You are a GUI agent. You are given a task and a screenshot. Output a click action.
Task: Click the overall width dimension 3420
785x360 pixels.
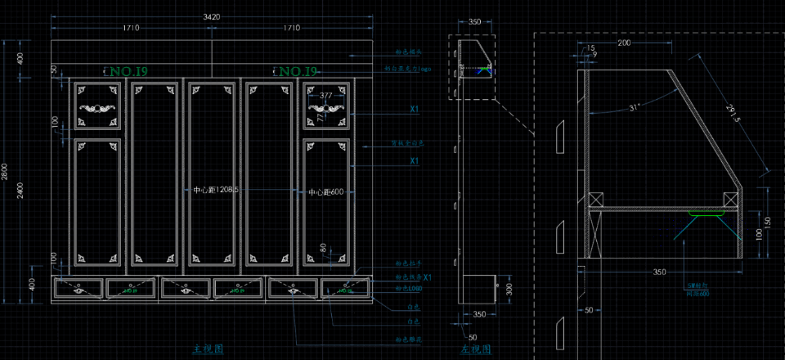point(211,16)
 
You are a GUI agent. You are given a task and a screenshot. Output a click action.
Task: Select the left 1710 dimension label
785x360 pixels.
point(130,29)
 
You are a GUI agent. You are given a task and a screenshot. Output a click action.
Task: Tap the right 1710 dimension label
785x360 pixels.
point(290,29)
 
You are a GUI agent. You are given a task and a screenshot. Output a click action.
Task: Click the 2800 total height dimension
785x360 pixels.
point(5,172)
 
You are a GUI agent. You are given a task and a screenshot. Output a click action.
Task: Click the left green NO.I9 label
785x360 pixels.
point(128,73)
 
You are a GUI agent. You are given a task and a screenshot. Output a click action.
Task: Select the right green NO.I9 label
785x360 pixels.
point(297,73)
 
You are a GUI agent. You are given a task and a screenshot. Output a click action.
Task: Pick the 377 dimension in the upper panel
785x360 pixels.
point(326,96)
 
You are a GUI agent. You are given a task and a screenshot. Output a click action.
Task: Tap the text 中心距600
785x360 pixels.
point(325,191)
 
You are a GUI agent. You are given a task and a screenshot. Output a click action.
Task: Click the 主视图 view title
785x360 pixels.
point(208,349)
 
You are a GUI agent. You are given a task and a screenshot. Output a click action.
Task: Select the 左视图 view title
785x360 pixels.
point(475,349)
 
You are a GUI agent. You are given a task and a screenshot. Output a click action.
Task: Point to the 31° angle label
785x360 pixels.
point(635,107)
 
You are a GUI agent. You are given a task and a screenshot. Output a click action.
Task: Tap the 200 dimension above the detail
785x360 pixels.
point(624,43)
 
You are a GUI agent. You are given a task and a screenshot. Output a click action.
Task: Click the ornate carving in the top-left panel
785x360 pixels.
point(98,107)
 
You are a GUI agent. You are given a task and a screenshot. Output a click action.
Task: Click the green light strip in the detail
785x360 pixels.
point(705,214)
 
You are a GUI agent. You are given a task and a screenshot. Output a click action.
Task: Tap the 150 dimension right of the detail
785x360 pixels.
point(767,223)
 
